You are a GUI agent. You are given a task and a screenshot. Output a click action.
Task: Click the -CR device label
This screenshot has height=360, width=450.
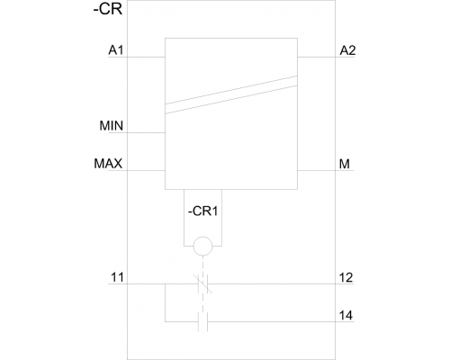pyautogui.click(x=108, y=9)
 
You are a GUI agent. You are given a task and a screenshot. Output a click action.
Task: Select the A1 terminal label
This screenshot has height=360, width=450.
pyautogui.click(x=116, y=50)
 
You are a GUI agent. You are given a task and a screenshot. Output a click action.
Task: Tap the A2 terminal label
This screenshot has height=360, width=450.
pyautogui.click(x=347, y=50)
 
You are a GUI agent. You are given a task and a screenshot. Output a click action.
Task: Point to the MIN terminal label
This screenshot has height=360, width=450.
pyautogui.click(x=112, y=126)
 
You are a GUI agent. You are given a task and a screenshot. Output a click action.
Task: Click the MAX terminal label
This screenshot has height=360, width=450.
pyautogui.click(x=108, y=164)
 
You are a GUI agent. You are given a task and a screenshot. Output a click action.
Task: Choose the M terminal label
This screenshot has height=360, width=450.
pyautogui.click(x=345, y=164)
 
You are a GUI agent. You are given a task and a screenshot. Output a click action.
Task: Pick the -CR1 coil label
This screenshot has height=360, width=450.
pyautogui.click(x=202, y=211)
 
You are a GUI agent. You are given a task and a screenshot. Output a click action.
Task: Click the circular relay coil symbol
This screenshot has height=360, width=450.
pyautogui.click(x=202, y=246)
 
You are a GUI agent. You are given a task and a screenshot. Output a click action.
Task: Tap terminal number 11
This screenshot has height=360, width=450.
pyautogui.click(x=117, y=277)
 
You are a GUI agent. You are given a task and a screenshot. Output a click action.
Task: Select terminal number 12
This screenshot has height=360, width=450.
pyautogui.click(x=346, y=278)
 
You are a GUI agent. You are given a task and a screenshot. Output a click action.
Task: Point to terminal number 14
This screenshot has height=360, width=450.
pyautogui.click(x=346, y=316)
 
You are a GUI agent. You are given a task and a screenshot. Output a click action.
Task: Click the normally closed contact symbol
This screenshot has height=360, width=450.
pyautogui.click(x=203, y=283)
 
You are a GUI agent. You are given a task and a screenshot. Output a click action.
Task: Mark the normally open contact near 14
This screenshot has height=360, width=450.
pyautogui.click(x=202, y=322)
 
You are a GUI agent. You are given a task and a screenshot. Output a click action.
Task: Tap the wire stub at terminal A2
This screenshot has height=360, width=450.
pyautogui.click(x=326, y=57)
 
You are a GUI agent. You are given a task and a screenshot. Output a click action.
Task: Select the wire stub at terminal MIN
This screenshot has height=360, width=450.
pyautogui.click(x=137, y=132)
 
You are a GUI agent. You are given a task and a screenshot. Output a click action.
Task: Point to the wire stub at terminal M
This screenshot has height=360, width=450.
pyautogui.click(x=326, y=170)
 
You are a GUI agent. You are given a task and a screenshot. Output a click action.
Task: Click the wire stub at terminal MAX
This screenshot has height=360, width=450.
pyautogui.click(x=137, y=170)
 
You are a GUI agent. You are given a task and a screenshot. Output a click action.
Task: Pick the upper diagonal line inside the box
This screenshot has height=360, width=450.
pyautogui.click(x=231, y=90)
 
